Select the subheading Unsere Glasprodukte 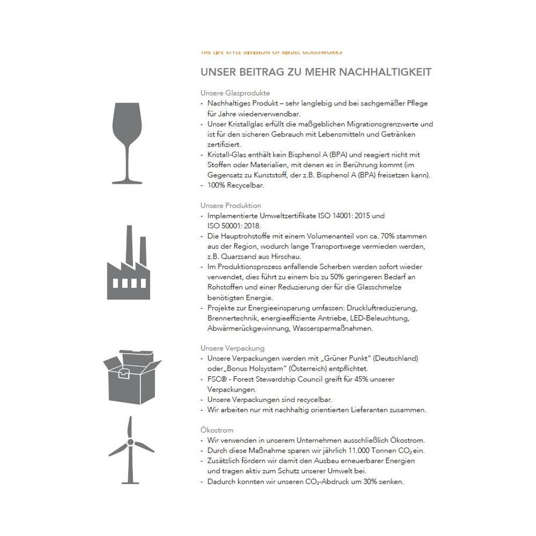point(235,93)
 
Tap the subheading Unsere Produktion point(231,206)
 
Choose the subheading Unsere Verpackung point(232,348)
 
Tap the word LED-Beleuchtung point(381,318)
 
